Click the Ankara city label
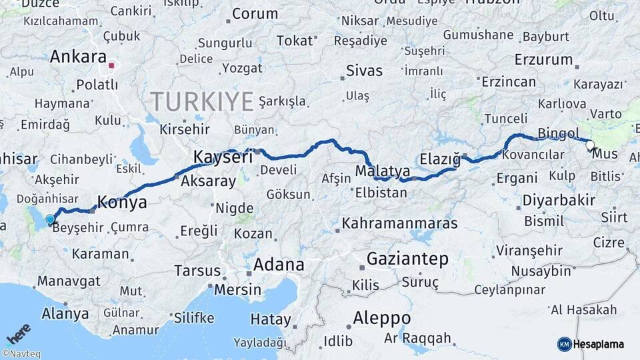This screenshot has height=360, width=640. pos(78,57)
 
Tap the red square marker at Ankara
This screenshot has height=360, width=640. pos(112,66)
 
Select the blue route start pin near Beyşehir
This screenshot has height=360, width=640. pos(50,219)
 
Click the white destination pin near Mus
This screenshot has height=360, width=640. pos(589,145)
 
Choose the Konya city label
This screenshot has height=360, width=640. pos(122,202)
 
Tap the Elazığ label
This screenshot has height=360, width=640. pos(441,159)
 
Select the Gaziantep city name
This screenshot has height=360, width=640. pos(407,259)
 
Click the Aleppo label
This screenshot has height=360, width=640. pos(382,317)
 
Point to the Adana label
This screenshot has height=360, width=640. pos(279,265)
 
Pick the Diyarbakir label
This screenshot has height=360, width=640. pos(558,201)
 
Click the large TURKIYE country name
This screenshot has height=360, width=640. pos(202,102)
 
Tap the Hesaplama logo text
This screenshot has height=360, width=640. pos(599,344)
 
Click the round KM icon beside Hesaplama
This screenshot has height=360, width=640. pos(565,344)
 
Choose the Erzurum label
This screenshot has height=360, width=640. pos(543,60)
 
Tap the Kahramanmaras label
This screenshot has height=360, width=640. pos(399,223)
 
